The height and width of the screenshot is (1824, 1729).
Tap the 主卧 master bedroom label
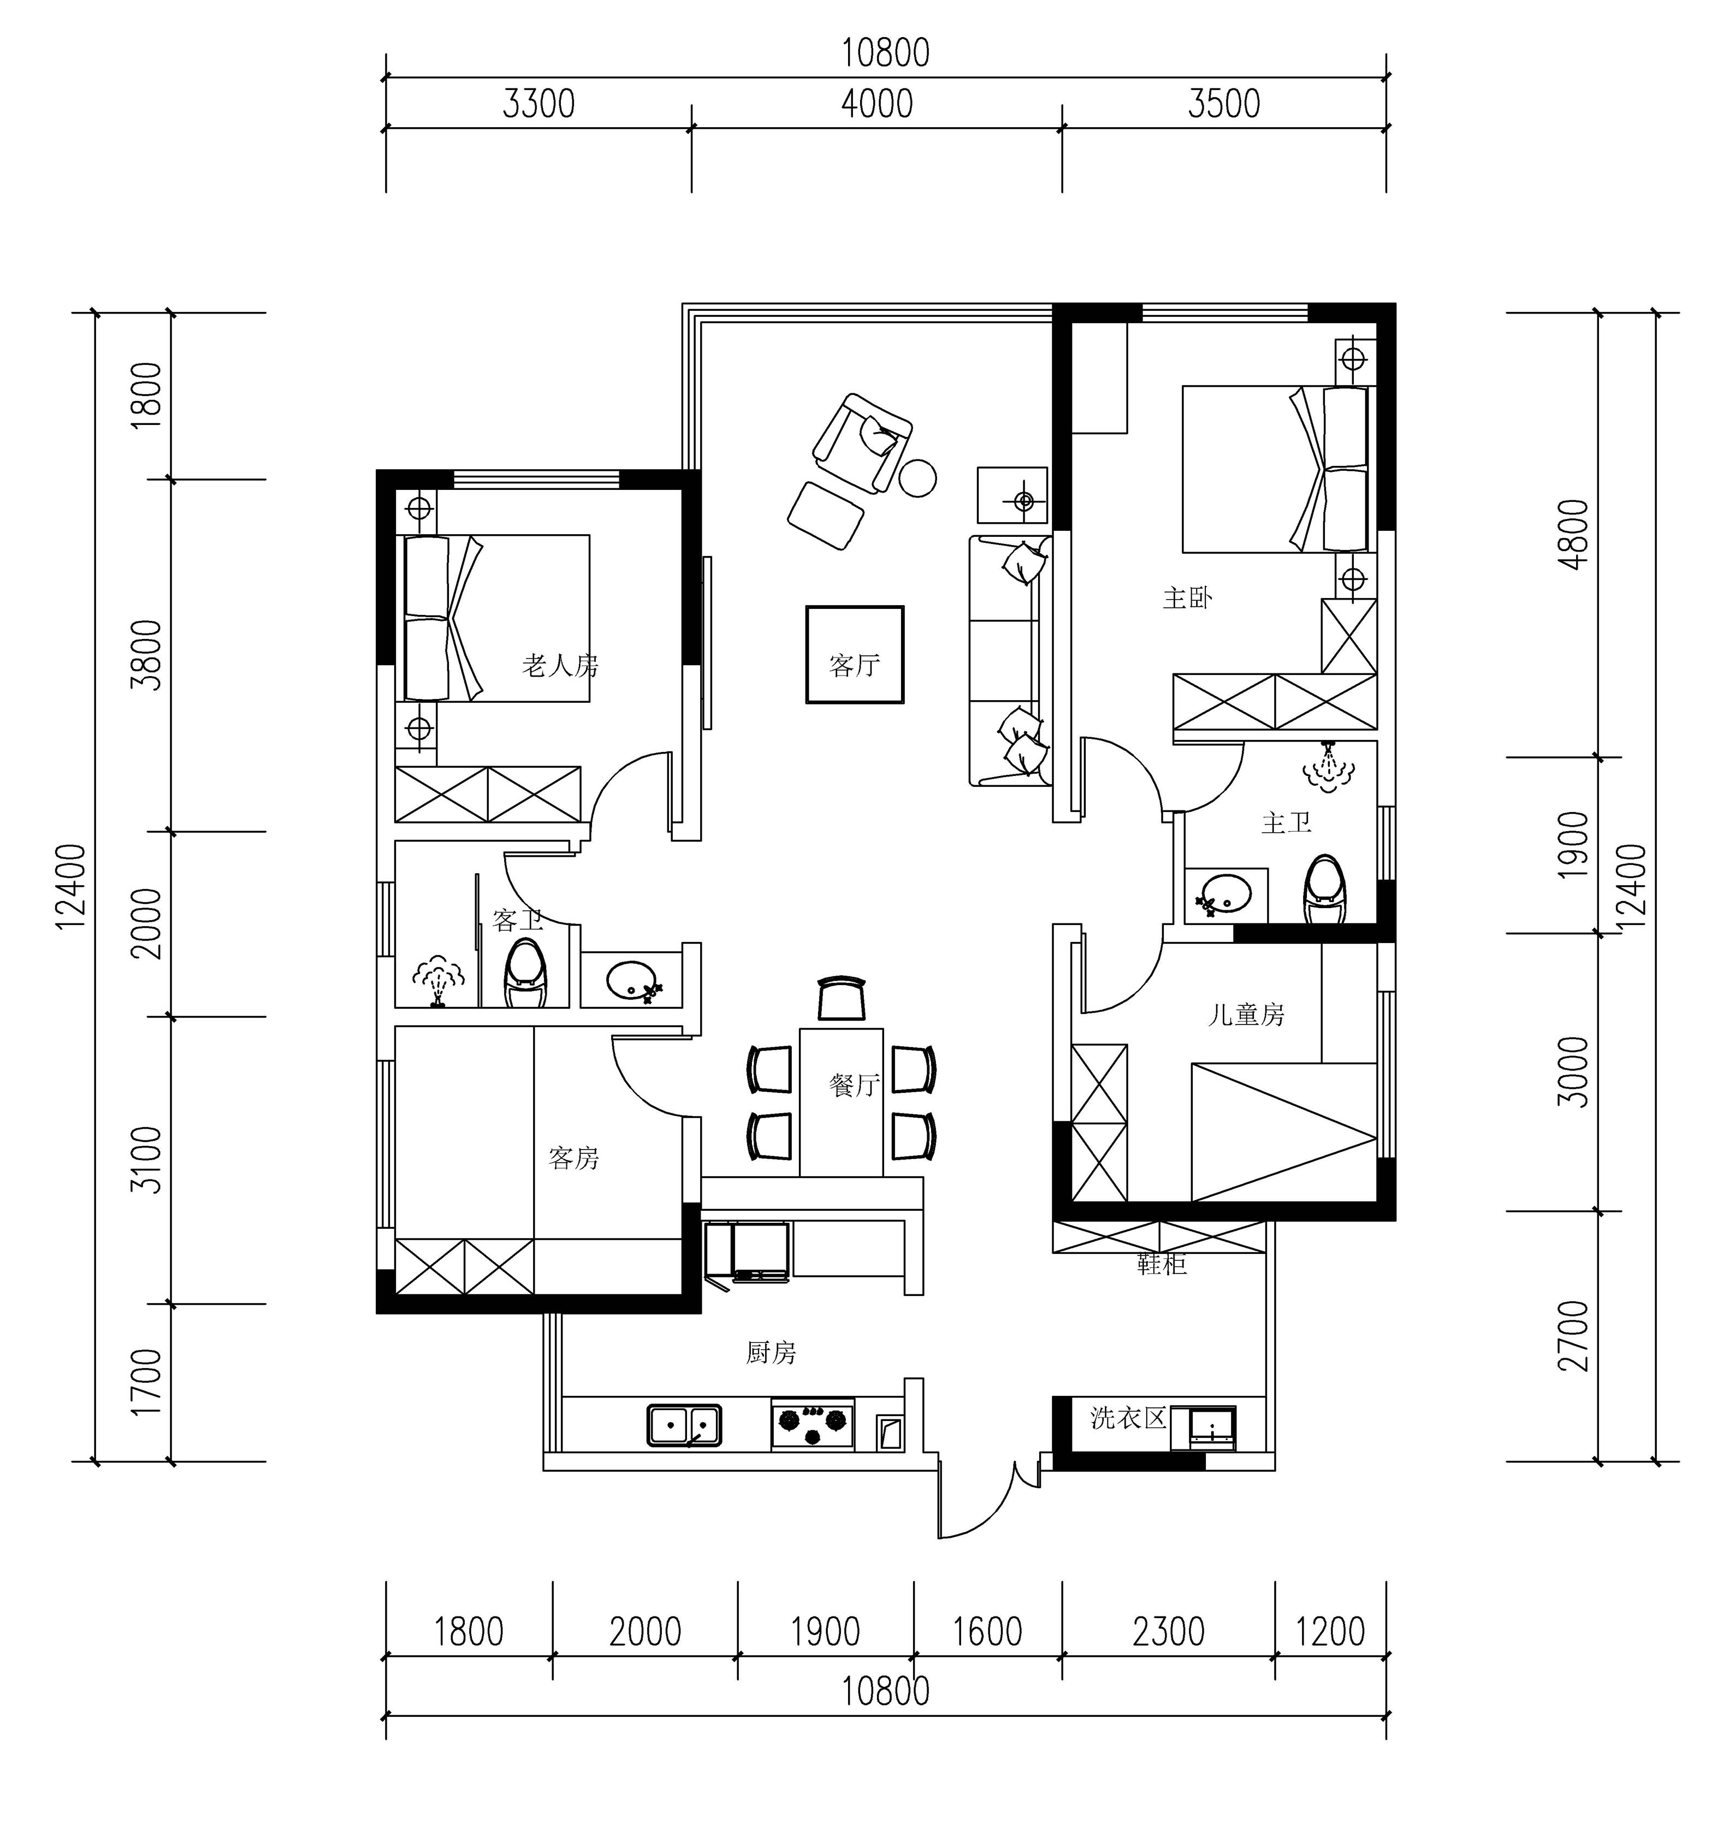1187,598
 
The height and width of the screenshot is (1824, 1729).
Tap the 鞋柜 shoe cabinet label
1161,1264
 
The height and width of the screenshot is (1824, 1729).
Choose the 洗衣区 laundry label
1128,1418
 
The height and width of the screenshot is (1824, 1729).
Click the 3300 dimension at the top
538,104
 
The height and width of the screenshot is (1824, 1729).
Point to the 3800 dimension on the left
146,654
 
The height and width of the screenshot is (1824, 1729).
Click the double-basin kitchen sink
684,1425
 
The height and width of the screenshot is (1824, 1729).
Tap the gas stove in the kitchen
813,1425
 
